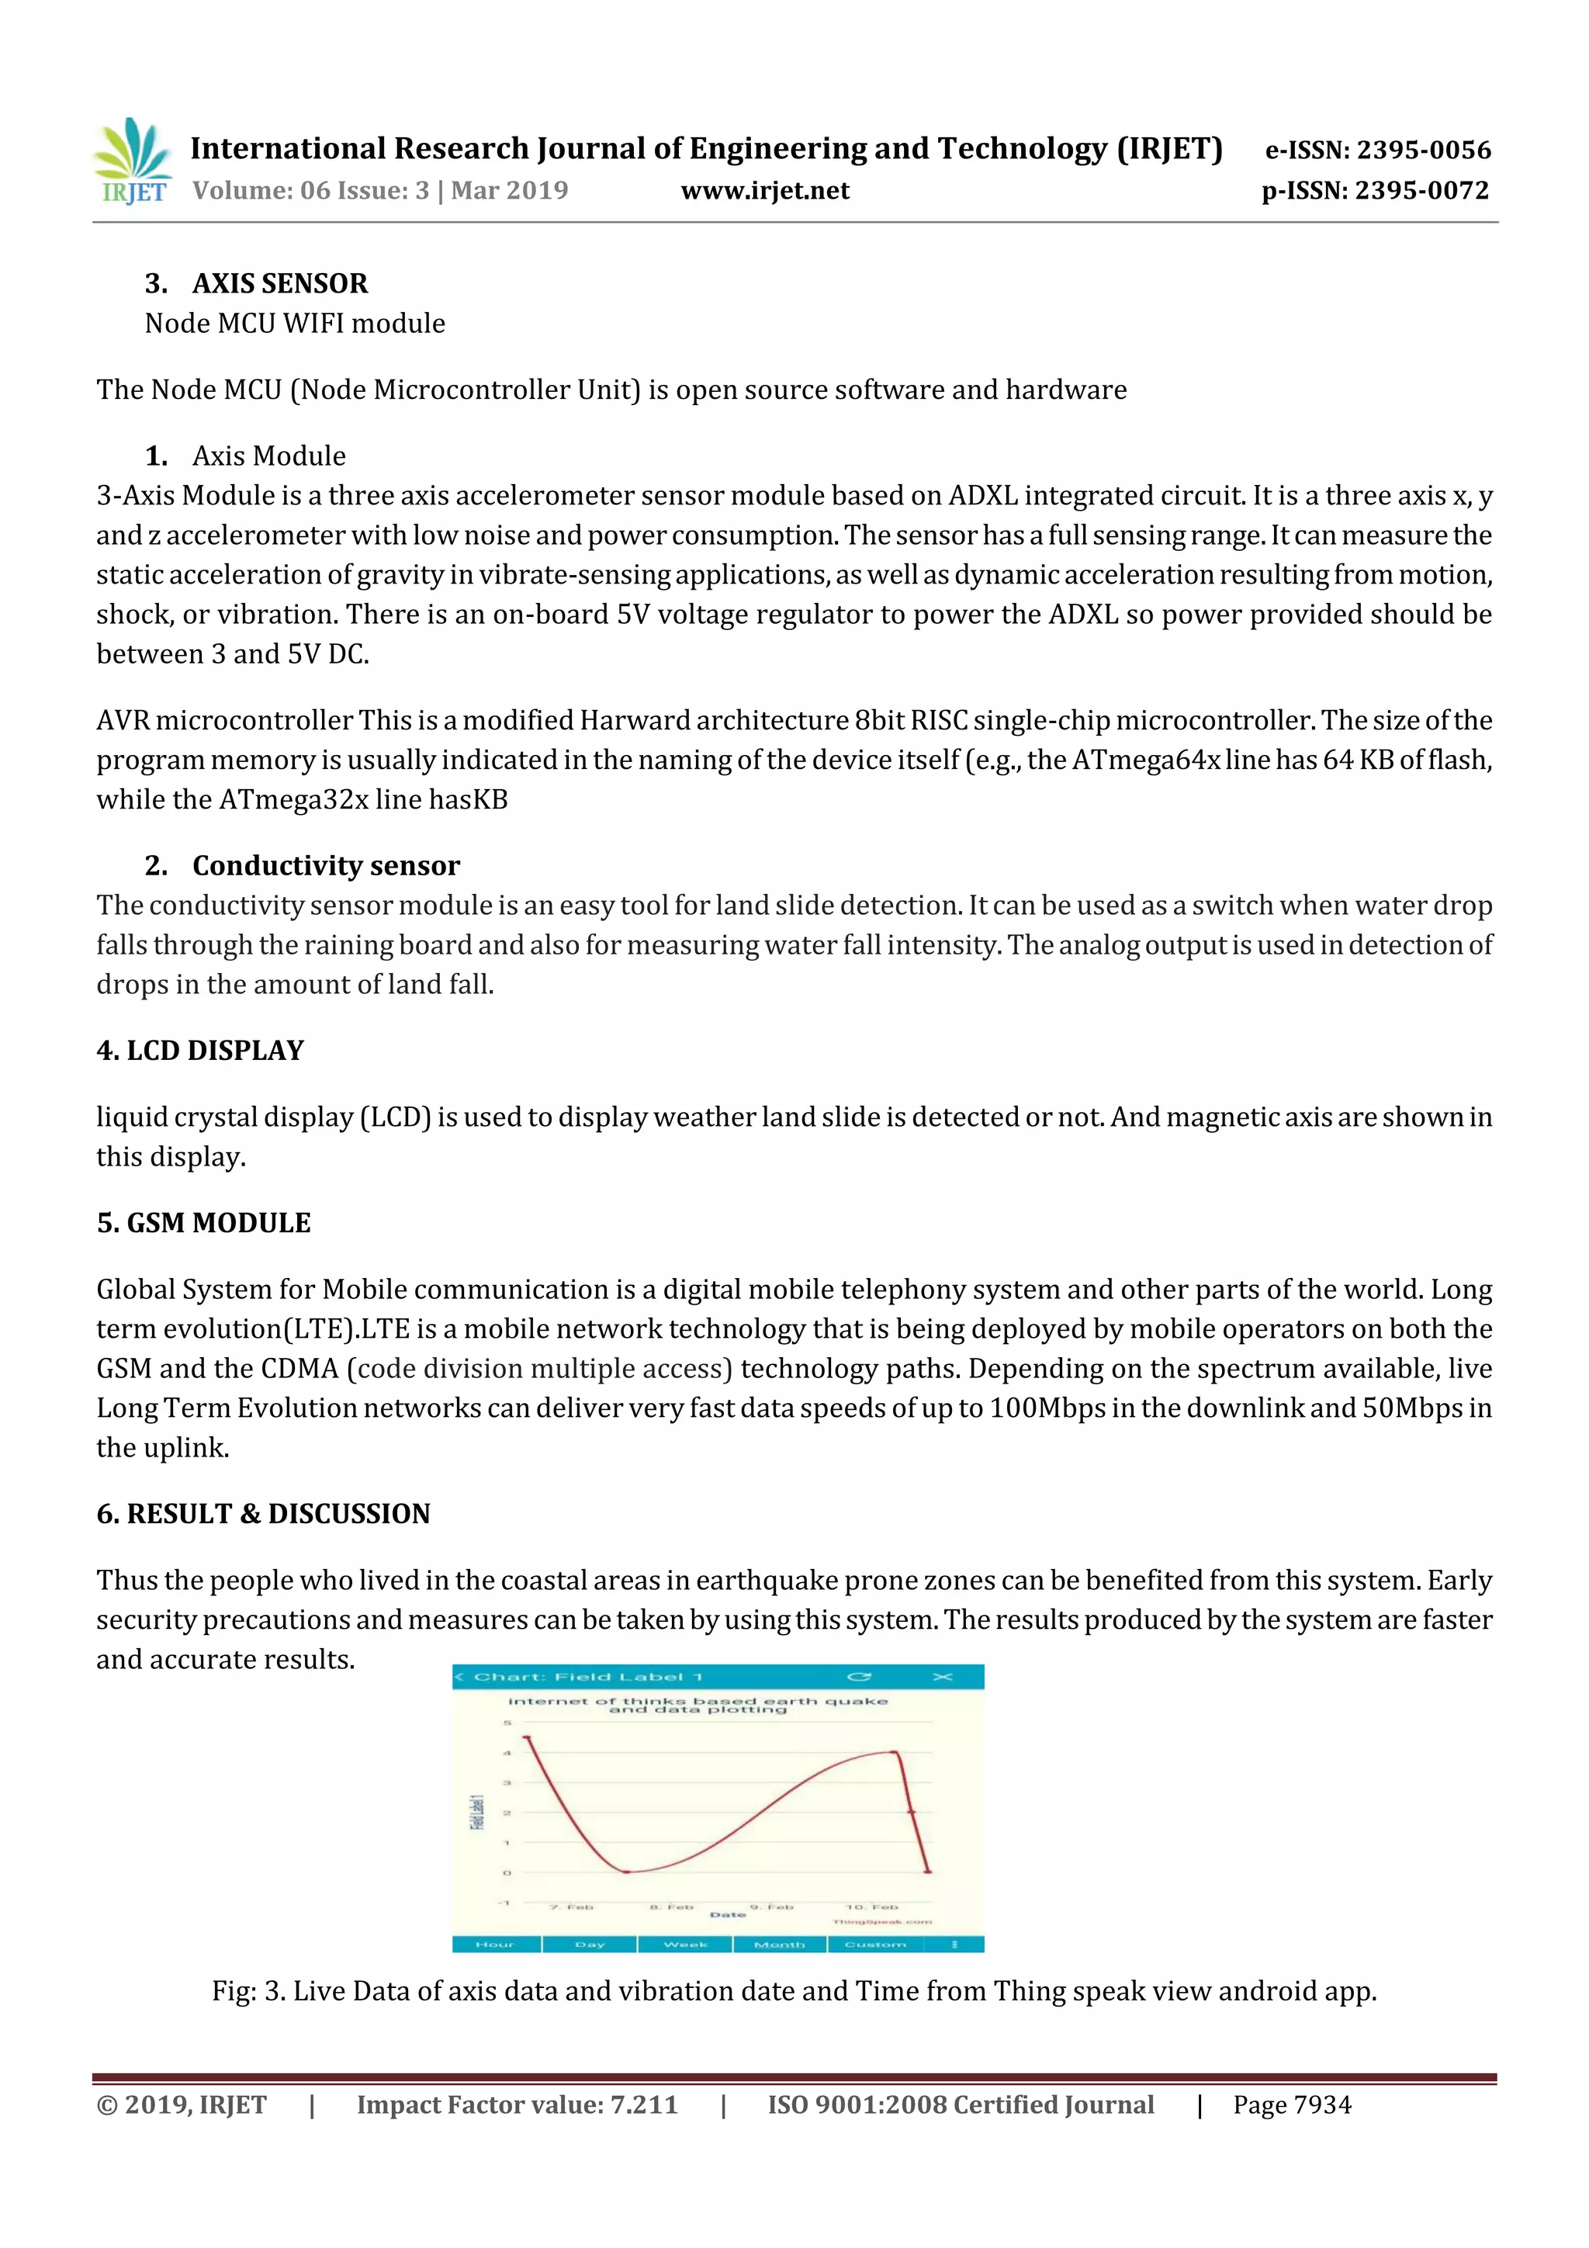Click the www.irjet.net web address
(x=765, y=190)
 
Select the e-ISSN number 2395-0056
(x=1377, y=150)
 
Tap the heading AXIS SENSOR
(x=280, y=283)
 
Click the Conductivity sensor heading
(x=325, y=865)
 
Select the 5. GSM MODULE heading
(x=203, y=1223)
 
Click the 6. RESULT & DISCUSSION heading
(x=263, y=1514)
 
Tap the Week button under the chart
(x=684, y=1945)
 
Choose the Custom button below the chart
(x=875, y=1945)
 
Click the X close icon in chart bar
(x=942, y=1677)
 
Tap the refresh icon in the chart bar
(x=859, y=1677)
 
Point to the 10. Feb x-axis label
(x=871, y=1907)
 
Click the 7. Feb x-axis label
(x=572, y=1907)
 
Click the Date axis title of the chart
(x=728, y=1915)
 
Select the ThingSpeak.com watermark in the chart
(x=882, y=1922)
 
